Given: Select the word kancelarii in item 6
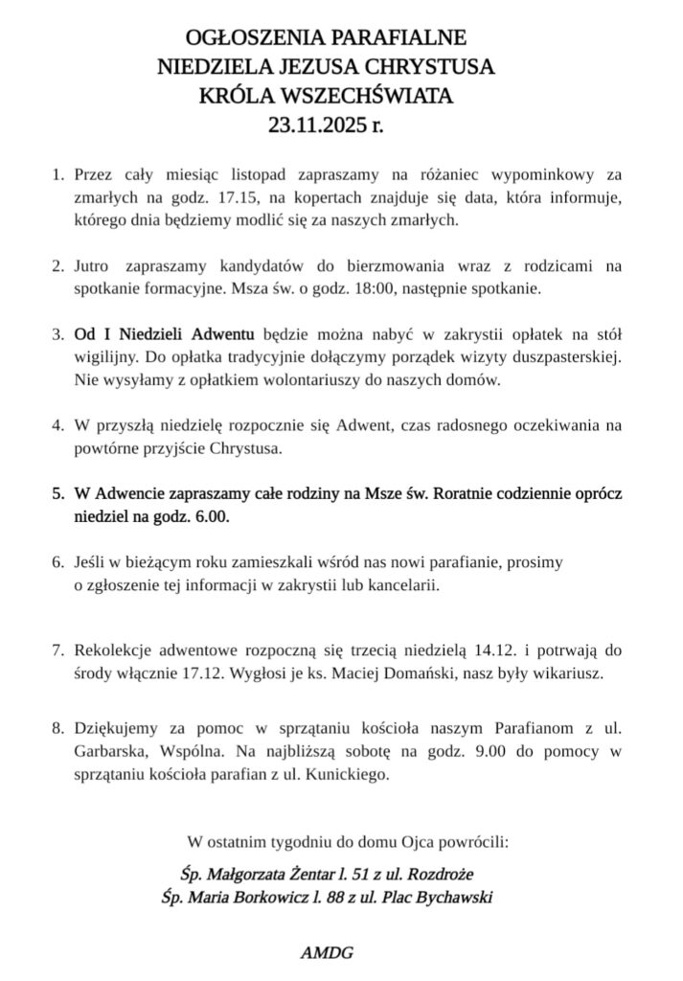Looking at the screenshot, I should tap(405, 584).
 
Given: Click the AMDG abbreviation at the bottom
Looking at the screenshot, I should tap(328, 954).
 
